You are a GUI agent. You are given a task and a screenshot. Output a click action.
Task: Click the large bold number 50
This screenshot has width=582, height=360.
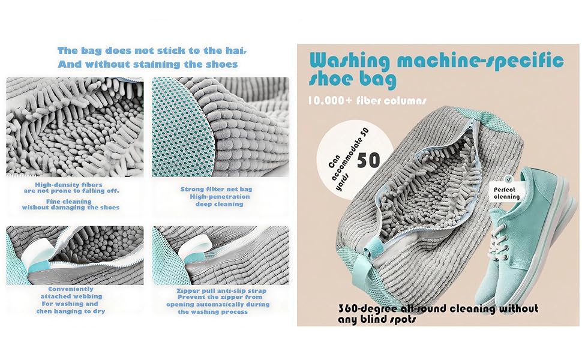[368, 160]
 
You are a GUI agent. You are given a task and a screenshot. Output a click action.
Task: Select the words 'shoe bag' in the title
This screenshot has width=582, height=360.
[352, 79]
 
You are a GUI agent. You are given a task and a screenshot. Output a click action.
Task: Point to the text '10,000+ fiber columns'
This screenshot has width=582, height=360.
[367, 100]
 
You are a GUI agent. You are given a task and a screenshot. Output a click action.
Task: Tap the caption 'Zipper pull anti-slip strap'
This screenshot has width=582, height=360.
[221, 290]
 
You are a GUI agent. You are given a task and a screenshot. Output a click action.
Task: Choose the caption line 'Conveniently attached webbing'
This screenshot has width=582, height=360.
[71, 292]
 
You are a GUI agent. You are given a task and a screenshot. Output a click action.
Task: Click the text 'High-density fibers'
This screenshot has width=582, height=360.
[68, 184]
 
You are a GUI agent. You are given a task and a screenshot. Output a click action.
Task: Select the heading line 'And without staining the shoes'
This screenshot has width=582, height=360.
[148, 64]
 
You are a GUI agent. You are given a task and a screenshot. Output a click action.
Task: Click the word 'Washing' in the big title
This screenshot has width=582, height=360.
[350, 61]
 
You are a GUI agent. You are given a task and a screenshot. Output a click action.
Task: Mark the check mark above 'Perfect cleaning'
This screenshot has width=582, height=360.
[509, 180]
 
